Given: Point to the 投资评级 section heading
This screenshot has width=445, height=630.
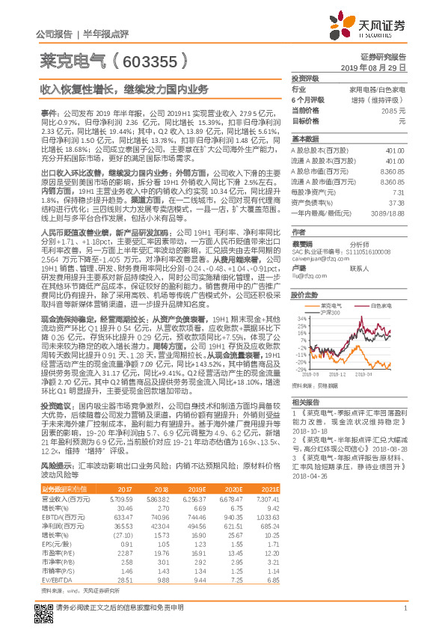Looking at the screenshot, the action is coord(304,78).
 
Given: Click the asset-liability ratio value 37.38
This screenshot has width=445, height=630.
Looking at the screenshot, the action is coord(396,202).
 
